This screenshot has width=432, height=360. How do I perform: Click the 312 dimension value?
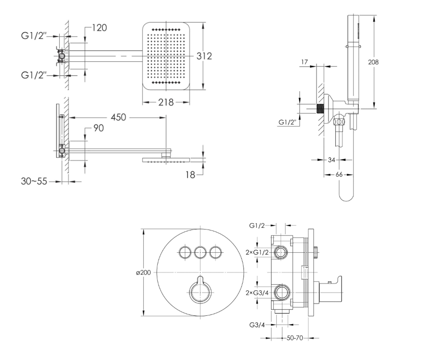(204, 56)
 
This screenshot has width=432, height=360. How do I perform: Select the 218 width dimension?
(166, 102)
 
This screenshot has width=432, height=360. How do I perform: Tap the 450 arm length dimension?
(118, 117)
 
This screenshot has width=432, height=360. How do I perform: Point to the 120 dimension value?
(99, 28)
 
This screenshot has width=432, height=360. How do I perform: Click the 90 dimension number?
(99, 128)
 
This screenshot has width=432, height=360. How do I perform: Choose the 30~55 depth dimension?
(34, 181)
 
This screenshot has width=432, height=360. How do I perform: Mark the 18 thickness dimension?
(190, 175)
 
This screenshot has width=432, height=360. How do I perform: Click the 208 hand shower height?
(373, 62)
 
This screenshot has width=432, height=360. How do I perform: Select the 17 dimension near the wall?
(305, 62)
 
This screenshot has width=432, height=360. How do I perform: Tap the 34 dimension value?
(332, 160)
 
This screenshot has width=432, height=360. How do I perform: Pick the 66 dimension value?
(339, 174)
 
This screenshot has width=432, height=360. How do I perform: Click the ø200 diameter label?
(143, 273)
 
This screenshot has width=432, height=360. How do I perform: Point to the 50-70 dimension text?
(295, 338)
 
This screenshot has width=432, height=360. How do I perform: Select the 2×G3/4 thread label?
(257, 293)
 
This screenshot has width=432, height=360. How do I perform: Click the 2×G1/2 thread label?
(257, 252)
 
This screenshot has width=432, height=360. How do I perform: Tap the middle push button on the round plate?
(200, 252)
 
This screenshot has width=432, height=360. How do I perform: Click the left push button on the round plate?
(185, 252)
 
